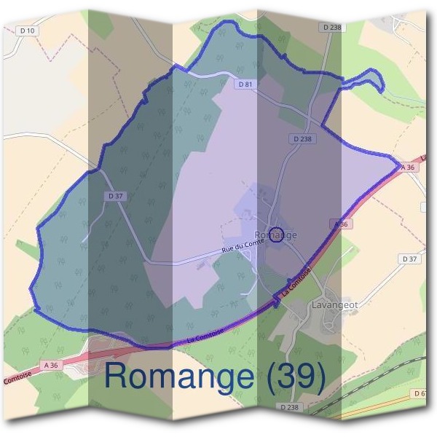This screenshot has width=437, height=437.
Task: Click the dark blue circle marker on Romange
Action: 276,234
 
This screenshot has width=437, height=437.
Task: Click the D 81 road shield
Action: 245,84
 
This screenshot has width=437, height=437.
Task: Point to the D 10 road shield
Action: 28,30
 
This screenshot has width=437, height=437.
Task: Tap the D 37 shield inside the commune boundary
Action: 115,196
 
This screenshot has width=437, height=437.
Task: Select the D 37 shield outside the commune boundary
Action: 410,259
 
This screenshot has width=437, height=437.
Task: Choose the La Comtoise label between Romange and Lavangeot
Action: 297,280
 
